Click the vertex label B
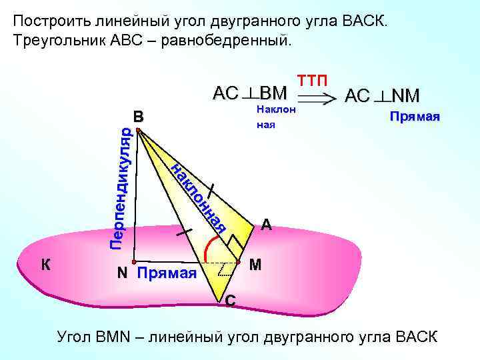[138, 117]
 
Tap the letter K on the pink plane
[45, 265]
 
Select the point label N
[122, 273]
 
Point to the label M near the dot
[255, 265]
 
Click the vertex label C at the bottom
[229, 301]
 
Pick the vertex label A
[266, 225]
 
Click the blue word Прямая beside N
[167, 273]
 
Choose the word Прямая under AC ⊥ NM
[415, 117]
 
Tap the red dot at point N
[134, 262]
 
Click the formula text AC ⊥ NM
[382, 96]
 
